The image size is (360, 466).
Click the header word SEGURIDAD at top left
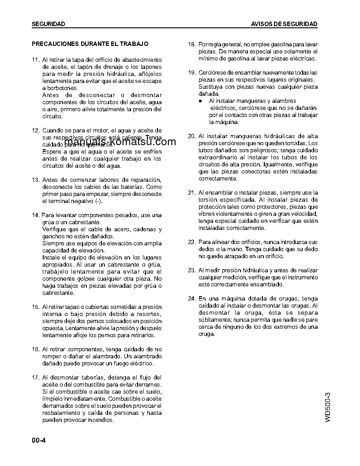click(49, 24)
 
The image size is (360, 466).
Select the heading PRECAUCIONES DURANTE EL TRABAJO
click(90, 44)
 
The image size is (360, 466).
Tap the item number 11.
click(36, 60)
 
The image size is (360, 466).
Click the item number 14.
click(36, 215)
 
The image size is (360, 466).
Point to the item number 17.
click(36, 378)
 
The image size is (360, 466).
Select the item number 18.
click(191, 45)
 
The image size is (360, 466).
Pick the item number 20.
click(191, 136)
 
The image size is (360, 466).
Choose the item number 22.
click(191, 242)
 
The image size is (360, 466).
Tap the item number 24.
click(191, 299)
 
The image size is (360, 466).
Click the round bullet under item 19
click(200, 101)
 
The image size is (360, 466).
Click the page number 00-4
click(39, 440)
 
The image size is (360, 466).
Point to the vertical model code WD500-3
click(327, 407)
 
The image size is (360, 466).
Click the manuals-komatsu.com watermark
click(119, 142)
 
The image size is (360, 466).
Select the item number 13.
click(36, 180)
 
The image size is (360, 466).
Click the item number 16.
click(36, 349)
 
